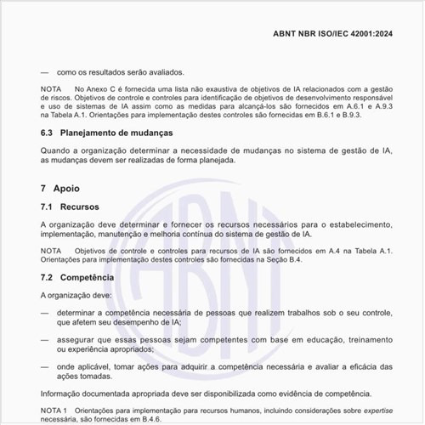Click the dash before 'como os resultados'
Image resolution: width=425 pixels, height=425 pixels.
tap(45, 72)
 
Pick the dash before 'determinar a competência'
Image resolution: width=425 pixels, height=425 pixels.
tap(45, 313)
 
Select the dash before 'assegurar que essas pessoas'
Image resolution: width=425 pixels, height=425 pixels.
tap(45, 339)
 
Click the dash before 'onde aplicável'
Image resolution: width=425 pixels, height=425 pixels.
tap(45, 366)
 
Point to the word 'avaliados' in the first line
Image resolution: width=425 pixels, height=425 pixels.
tap(165, 72)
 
